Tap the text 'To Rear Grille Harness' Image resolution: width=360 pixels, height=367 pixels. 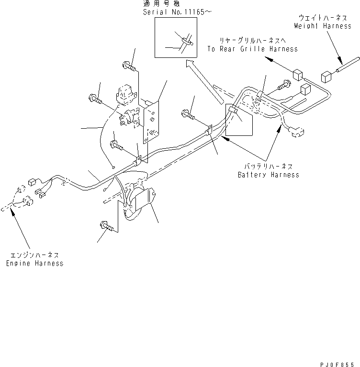(252, 49)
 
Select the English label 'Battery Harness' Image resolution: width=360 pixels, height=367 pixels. (268, 175)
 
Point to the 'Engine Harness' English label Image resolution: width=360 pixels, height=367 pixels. (34, 263)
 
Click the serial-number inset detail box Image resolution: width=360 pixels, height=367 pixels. (176, 38)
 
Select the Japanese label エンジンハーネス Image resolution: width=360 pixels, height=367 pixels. (34, 256)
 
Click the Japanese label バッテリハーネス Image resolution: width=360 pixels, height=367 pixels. (269, 167)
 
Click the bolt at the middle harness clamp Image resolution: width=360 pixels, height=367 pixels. (188, 114)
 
